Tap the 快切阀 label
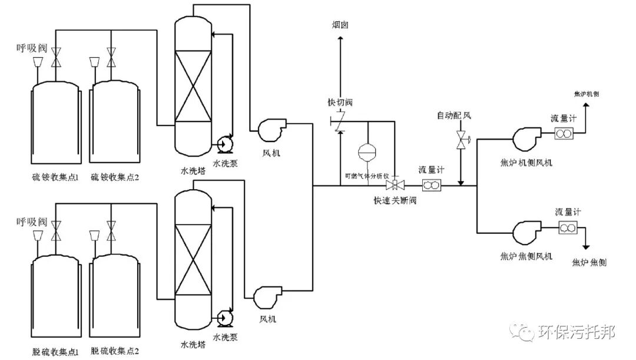(340, 103)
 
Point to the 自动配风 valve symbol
(460, 140)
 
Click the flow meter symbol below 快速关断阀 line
(431, 186)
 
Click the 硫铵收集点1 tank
(54, 124)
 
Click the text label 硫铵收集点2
(115, 177)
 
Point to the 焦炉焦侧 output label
(589, 263)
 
